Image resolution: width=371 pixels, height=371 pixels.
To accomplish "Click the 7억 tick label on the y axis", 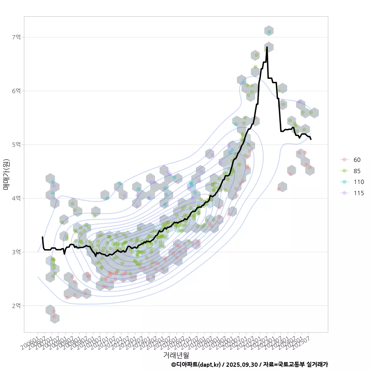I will pyautogui.click(x=16, y=37).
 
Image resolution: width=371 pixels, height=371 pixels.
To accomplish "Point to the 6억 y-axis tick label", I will pyautogui.click(x=16, y=91).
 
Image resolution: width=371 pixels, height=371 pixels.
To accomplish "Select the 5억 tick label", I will pyautogui.click(x=16, y=145).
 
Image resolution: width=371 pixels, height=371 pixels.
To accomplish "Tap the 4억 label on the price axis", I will pyautogui.click(x=16, y=198).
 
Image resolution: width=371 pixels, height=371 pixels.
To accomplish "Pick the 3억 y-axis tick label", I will pyautogui.click(x=16, y=252).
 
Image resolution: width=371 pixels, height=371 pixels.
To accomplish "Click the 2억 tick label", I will pyautogui.click(x=16, y=306).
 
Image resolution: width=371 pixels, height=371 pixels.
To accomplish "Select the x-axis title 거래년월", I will pyautogui.click(x=176, y=355).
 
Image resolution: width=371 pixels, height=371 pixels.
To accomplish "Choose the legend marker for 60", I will pyautogui.click(x=344, y=160).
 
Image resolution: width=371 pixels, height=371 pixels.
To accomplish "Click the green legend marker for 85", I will pyautogui.click(x=344, y=171).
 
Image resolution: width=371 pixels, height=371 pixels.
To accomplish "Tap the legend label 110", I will pyautogui.click(x=359, y=182).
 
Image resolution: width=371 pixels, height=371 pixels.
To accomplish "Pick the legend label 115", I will pyautogui.click(x=359, y=193).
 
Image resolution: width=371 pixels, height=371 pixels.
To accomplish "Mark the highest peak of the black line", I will pyautogui.click(x=267, y=47).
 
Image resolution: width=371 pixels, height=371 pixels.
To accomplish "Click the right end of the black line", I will pyautogui.click(x=311, y=139).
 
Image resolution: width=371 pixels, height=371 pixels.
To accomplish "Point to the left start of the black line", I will pyautogui.click(x=43, y=237).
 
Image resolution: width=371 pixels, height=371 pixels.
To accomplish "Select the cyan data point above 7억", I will pyautogui.click(x=269, y=32).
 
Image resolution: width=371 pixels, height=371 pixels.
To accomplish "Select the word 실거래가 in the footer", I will pyautogui.click(x=317, y=364).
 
